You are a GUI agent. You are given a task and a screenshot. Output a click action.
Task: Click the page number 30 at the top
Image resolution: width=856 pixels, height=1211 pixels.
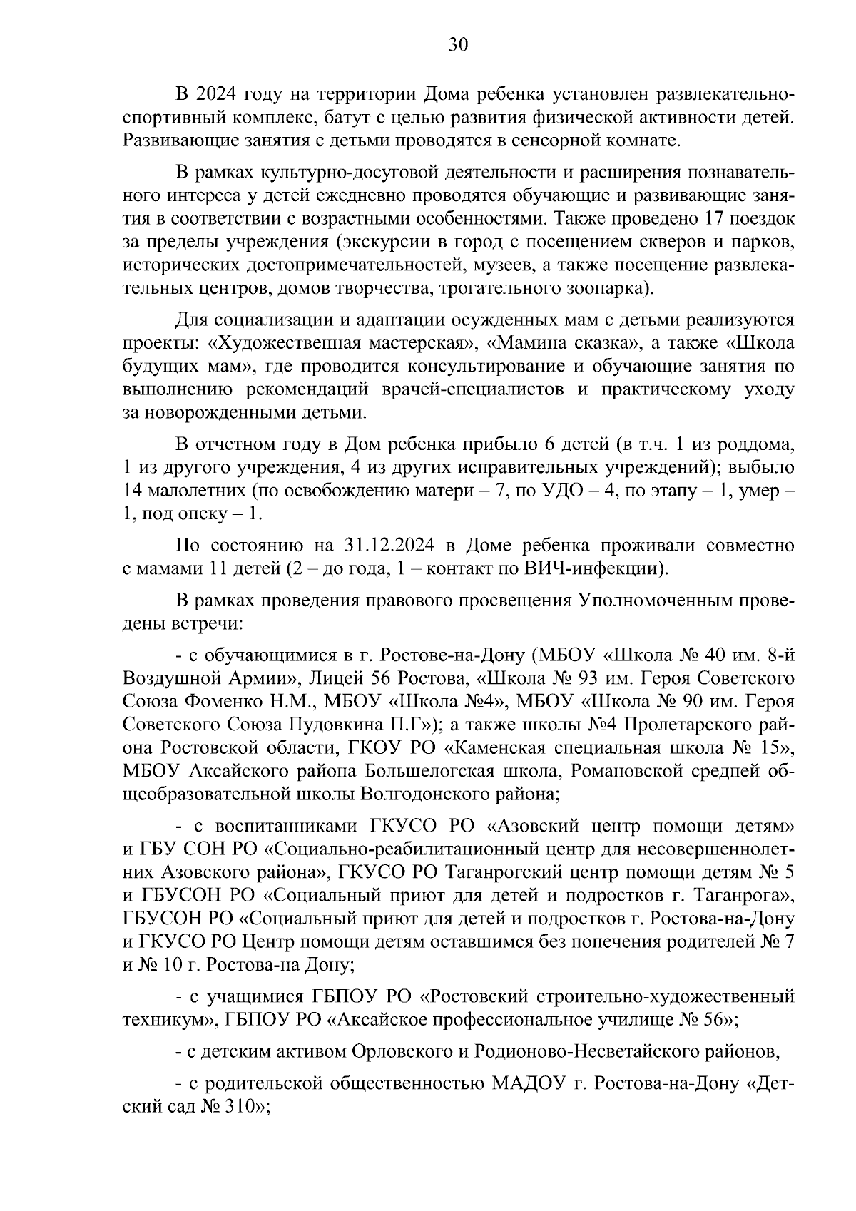tap(457, 45)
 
